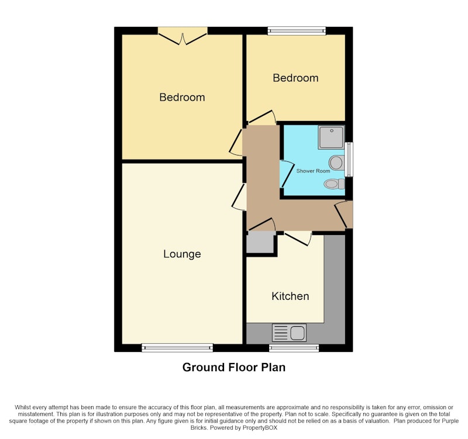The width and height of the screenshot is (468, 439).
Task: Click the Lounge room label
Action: [182, 254]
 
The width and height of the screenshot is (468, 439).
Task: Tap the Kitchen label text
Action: [290, 296]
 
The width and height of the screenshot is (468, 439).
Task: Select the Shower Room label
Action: [313, 171]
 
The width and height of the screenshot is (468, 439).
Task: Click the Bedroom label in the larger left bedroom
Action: [182, 97]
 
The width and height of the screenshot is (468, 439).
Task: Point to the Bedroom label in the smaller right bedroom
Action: [295, 78]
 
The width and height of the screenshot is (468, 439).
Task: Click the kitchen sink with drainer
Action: [289, 333]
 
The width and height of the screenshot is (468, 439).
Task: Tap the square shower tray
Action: [331, 137]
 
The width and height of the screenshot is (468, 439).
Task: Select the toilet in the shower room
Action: [334, 184]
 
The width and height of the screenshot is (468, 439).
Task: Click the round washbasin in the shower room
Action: [336, 163]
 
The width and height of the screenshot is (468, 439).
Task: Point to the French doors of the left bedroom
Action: [183, 36]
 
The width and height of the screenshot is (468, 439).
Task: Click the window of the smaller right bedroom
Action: [297, 31]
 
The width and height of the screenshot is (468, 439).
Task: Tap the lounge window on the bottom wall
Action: [177, 348]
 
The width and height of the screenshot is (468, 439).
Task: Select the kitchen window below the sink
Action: [294, 348]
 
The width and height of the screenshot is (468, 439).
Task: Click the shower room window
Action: [349, 159]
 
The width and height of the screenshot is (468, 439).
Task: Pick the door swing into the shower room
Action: [287, 174]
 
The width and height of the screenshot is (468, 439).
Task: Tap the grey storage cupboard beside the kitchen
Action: [260, 242]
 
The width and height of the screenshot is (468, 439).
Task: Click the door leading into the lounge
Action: [239, 197]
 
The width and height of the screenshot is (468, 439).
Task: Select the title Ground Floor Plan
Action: [234, 368]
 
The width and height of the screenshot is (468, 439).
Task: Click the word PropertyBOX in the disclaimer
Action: [260, 428]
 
